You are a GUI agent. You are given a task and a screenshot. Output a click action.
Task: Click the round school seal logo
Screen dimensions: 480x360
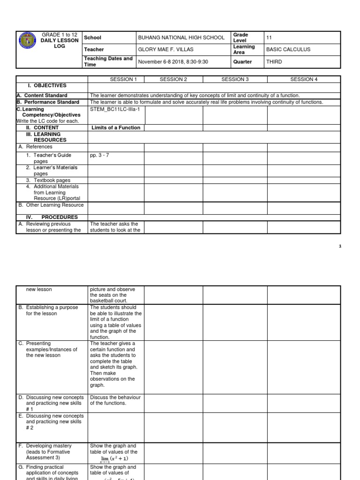click(28, 41)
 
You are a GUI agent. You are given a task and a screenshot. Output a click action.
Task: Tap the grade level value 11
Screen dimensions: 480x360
click(269, 37)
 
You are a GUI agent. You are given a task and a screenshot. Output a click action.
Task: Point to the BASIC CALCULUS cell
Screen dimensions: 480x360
click(288, 50)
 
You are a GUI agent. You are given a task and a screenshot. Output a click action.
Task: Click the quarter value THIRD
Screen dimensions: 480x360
click(275, 62)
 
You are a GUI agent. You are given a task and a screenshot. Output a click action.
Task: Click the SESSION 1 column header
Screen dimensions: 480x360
click(116, 79)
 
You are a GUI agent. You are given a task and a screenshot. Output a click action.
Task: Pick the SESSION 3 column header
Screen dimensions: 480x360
click(235, 79)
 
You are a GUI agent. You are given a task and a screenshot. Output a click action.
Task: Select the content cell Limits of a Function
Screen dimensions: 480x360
click(116, 127)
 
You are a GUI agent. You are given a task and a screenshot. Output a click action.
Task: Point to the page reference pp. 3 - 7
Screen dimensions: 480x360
click(100, 155)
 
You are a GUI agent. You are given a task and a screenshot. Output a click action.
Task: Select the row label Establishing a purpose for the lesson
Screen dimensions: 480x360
click(52, 310)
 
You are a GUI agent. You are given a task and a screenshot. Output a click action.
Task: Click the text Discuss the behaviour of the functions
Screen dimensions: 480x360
click(115, 400)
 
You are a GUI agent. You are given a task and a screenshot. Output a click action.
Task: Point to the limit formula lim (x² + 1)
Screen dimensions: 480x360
click(115, 458)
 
